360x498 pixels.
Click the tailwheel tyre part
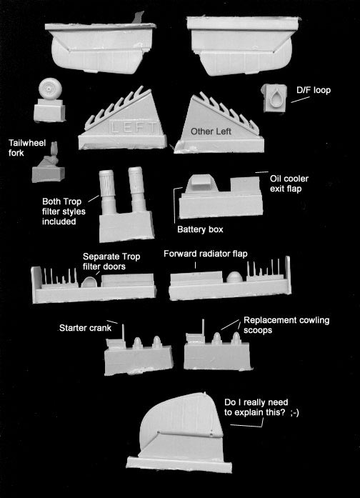pos(50,88)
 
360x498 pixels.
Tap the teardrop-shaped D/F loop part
pos(276,99)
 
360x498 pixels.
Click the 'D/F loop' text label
pos(314,90)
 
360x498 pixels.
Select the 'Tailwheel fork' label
pos(27,148)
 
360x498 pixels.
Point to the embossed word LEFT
pos(134,128)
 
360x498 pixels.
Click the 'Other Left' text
pos(211,131)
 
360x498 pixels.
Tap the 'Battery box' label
pos(200,229)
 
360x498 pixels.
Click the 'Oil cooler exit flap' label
pos(289,184)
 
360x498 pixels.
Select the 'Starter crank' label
pos(85,328)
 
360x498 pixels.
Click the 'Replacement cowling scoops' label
pos(286,325)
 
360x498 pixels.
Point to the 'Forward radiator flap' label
pos(206,254)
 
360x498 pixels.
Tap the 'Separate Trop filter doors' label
pos(111,262)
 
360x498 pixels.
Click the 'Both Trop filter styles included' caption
pos(64,211)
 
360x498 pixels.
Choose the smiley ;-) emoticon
pos(294,412)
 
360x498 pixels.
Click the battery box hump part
pos(201,184)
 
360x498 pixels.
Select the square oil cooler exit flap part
pos(245,185)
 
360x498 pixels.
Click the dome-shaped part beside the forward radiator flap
pos(234,277)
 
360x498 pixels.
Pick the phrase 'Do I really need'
pos(256,402)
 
